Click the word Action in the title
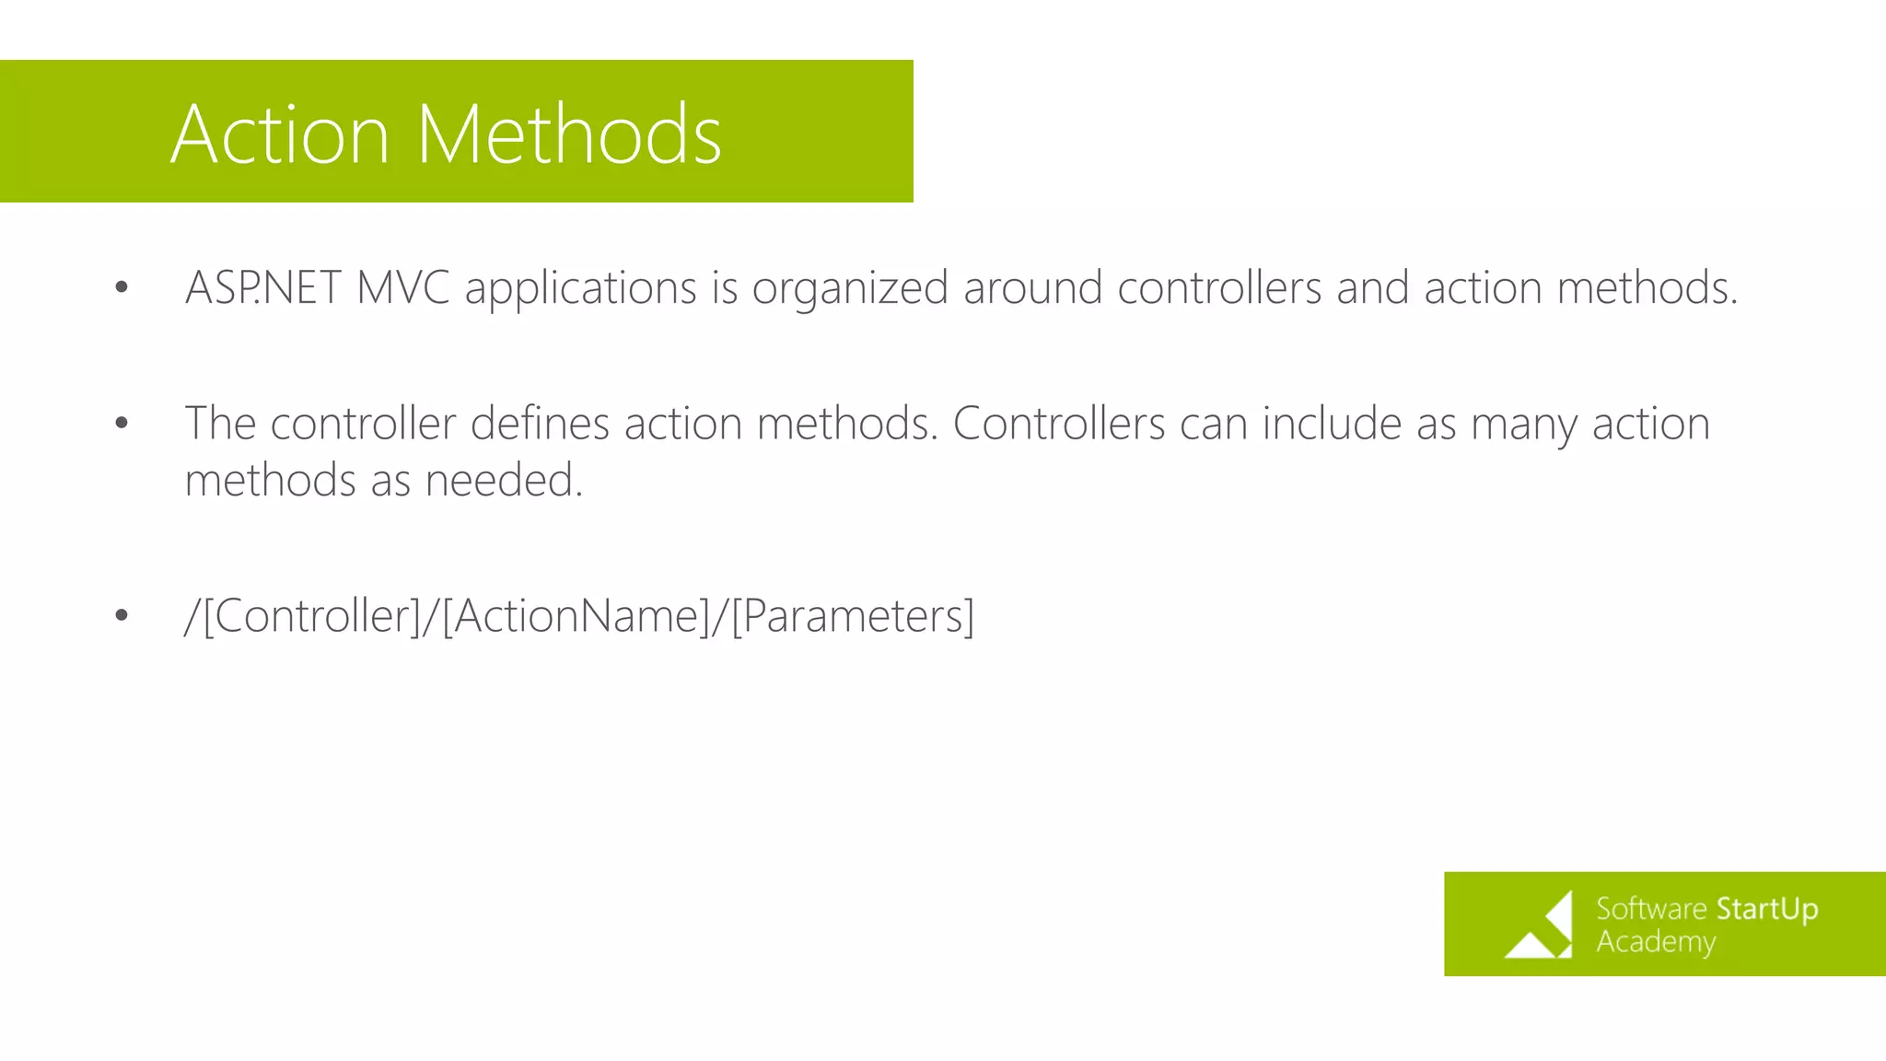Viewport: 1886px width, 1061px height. pos(280,135)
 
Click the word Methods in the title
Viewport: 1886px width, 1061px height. pos(569,135)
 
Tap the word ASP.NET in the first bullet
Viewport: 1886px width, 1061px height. pos(263,287)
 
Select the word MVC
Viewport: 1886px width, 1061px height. pos(402,287)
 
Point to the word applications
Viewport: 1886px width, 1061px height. pos(580,289)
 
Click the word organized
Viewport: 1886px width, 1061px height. pos(850,289)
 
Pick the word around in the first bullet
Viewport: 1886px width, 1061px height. pos(1032,287)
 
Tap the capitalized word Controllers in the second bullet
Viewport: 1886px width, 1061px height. pos(1059,424)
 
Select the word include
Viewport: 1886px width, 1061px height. pos(1332,424)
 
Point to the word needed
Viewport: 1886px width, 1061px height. pos(503,481)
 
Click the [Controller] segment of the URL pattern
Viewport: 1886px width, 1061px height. pos(312,615)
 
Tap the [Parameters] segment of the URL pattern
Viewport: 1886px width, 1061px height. pos(853,615)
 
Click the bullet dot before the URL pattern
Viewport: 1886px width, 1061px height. pos(122,615)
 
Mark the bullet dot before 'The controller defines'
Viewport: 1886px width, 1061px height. pos(122,424)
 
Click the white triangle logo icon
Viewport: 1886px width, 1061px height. pos(1541,927)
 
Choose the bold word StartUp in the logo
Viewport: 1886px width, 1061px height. pos(1766,909)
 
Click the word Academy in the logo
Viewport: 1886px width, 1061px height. pos(1655,942)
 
